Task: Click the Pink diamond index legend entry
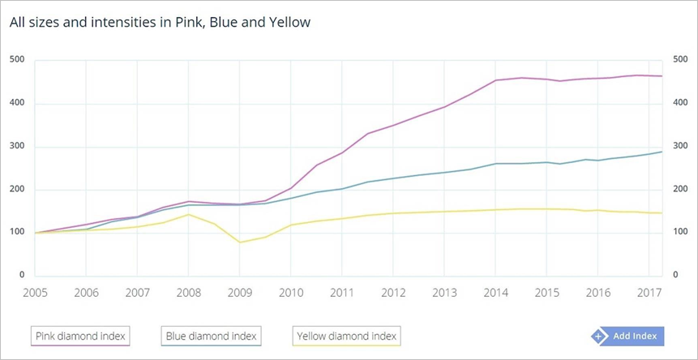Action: (81, 335)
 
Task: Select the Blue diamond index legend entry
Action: (211, 335)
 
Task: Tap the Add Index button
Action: (627, 336)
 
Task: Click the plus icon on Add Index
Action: (599, 336)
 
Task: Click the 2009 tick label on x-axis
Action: (238, 292)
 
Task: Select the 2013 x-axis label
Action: (444, 292)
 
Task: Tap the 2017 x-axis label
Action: (649, 292)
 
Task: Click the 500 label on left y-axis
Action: (17, 60)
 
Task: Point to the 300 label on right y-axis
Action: (679, 147)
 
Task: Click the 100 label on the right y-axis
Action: (679, 233)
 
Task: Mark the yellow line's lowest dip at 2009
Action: (239, 242)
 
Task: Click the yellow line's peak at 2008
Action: (188, 214)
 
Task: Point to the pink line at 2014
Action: (496, 80)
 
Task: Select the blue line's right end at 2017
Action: (662, 152)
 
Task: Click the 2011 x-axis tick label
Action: (341, 292)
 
